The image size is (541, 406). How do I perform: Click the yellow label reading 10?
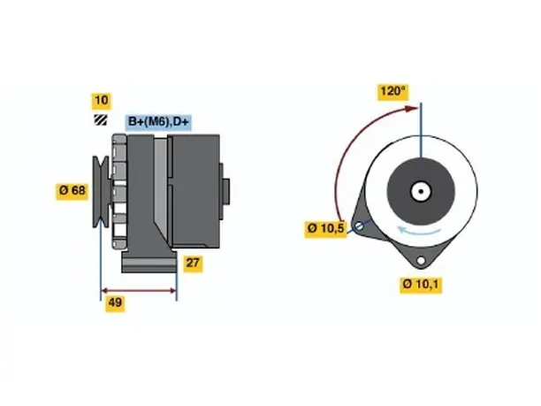[101, 101]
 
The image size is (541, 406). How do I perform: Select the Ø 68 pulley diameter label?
[72, 190]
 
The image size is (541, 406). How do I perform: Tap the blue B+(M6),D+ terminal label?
[158, 122]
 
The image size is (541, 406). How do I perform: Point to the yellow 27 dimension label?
[193, 264]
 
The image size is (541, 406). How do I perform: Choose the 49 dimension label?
[115, 303]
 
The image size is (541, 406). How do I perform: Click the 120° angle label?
[393, 92]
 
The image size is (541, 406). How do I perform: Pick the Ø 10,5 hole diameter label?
[325, 229]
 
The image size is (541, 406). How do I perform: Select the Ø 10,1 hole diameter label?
[421, 285]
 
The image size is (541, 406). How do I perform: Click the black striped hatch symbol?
[101, 119]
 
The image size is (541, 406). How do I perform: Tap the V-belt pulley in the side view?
[101, 192]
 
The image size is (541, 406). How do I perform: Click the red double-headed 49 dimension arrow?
[139, 290]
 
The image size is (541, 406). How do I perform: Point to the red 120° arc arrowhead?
[411, 109]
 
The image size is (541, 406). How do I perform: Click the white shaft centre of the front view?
[421, 191]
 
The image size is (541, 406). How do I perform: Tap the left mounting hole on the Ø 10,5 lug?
[359, 226]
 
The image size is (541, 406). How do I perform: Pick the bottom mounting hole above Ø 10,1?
[421, 260]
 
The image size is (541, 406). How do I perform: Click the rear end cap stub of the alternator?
[226, 192]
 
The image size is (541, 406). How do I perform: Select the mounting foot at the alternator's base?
[149, 262]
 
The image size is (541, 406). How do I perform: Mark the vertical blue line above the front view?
[421, 130]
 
